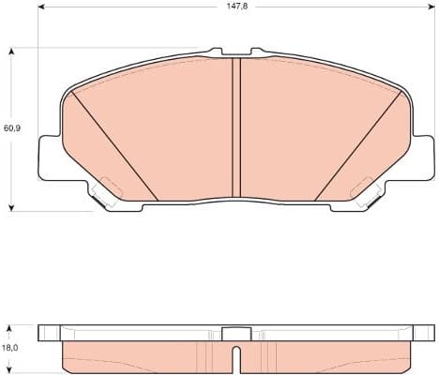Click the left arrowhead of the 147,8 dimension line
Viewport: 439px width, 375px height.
pos(41,16)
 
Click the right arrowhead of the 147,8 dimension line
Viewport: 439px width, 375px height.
pos(432,16)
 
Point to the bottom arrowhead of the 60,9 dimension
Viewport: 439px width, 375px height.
pos(10,205)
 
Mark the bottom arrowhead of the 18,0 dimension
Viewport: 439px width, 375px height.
pos(10,367)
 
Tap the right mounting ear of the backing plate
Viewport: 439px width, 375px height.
pos(424,157)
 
